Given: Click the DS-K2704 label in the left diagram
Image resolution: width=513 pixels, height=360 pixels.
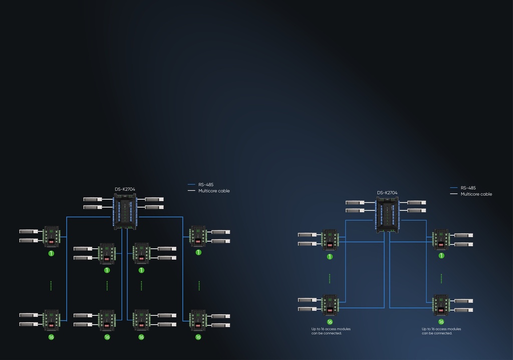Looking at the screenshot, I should pos(125,189).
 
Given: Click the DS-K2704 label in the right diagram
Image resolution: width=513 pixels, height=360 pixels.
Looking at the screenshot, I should pos(387,193).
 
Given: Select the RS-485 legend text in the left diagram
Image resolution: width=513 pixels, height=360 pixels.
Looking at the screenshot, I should pos(205,185).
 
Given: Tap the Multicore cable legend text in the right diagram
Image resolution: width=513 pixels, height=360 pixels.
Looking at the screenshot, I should pos(476,194).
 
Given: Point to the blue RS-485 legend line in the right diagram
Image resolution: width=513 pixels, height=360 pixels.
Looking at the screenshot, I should pos(454,188).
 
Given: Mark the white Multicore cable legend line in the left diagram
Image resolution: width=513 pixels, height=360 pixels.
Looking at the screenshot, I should pos(191,191).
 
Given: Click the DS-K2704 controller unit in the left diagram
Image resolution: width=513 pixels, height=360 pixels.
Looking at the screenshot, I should pos(125,211).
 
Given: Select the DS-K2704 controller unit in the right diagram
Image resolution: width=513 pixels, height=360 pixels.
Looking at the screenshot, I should pos(387,214).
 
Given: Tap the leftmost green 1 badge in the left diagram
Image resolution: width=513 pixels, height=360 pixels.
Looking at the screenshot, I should pos(51,253).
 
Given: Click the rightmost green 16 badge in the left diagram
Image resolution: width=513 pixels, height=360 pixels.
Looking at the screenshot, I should pos(198,337).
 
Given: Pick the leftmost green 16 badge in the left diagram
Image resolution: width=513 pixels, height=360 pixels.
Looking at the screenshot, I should pos(51,337).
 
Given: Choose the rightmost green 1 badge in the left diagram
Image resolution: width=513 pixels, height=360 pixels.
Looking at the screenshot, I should pos(198,252).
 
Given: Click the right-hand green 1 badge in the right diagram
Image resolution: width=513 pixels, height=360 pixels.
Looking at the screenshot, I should pos(441,255).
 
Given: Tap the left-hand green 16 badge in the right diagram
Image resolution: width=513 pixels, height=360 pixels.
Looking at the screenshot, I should pos(330,322).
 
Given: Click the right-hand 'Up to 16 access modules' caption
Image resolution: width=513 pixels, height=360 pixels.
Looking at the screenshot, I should pos(441,331).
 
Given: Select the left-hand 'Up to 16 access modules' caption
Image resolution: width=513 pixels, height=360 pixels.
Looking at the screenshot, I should pos(331,331).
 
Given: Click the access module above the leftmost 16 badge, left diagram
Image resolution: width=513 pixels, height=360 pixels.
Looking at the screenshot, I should pos(51,319).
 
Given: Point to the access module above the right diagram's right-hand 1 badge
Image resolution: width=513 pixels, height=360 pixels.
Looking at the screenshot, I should pos(441,239).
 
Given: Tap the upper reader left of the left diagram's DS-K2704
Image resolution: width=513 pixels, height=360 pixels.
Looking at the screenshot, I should pos(93,199).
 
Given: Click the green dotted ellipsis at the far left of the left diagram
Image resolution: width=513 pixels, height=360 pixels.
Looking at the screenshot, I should pos(51,285).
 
